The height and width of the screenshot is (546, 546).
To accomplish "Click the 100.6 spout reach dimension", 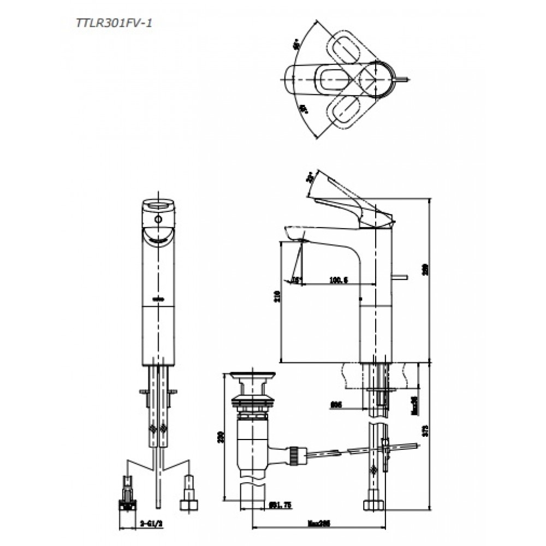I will pyautogui.click(x=338, y=280).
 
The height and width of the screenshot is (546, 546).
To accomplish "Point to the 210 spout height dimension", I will pyautogui.click(x=277, y=296).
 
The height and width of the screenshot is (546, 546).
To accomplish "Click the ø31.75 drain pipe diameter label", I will pyautogui.click(x=281, y=506).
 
